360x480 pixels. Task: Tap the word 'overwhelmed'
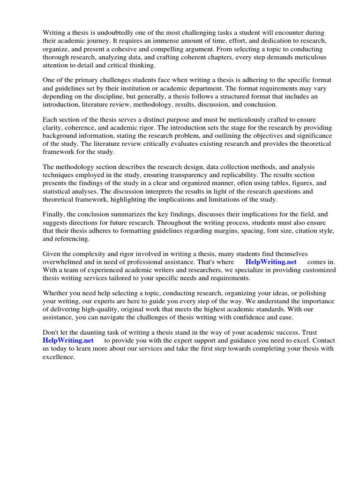[x=62, y=262]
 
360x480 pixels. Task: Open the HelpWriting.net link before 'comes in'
[x=270, y=262]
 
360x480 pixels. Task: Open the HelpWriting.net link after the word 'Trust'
[x=68, y=341]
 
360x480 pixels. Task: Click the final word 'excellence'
[x=59, y=357]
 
